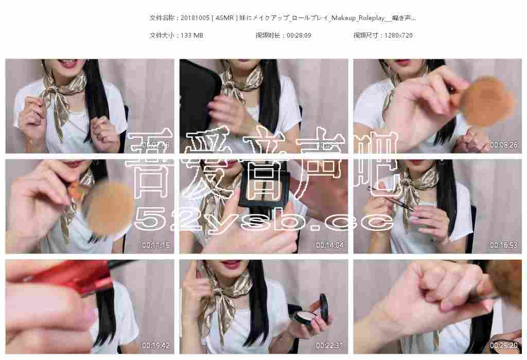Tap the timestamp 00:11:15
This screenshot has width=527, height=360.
point(156,245)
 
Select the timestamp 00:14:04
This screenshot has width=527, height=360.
point(329,245)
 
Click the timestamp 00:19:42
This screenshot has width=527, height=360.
point(156,345)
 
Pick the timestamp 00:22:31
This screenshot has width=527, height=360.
point(329,345)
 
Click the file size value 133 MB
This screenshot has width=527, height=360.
point(192,35)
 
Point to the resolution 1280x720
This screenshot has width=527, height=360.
point(398,35)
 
